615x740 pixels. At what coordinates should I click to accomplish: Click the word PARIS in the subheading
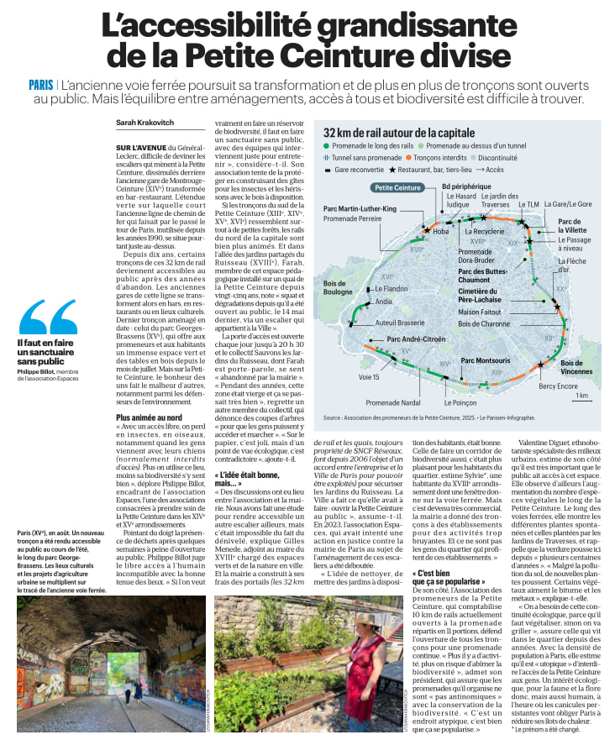[x=40, y=85]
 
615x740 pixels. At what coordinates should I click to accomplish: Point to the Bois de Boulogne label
[x=339, y=288]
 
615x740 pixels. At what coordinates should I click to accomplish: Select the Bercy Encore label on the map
[x=557, y=386]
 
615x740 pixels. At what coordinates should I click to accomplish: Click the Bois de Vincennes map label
[x=576, y=367]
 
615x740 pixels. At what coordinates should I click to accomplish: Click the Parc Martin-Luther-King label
[x=360, y=208]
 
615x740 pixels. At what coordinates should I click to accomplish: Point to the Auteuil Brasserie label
[x=399, y=323]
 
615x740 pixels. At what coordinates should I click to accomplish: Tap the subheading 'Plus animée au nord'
[x=149, y=417]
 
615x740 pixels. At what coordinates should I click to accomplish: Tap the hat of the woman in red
[x=368, y=622]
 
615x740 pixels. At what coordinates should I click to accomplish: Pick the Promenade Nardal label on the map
[x=394, y=402]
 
